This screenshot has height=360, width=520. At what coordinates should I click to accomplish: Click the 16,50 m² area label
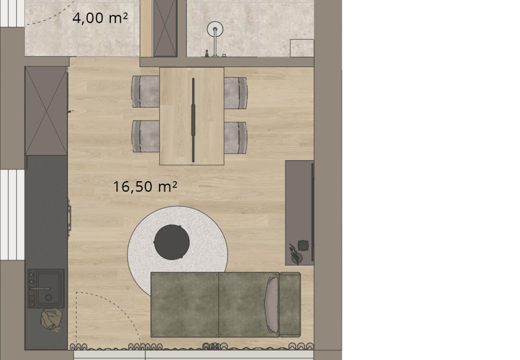[145, 187]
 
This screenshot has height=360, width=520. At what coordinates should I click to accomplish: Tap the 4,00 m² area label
[100, 18]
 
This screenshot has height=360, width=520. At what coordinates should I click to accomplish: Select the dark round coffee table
[172, 242]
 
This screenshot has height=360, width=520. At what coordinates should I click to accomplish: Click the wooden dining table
[192, 116]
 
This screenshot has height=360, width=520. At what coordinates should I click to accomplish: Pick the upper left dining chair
[146, 92]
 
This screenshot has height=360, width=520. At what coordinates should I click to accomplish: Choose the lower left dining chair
[146, 136]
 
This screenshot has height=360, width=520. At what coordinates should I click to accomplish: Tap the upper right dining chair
[236, 93]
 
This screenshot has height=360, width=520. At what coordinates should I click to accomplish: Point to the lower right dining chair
[236, 138]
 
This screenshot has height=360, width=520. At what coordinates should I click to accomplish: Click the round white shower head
[215, 29]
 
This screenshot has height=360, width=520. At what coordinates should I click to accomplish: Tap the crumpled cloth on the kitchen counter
[51, 320]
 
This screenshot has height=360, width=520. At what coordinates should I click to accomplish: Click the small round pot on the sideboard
[303, 245]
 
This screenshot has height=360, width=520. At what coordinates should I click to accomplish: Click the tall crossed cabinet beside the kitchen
[46, 111]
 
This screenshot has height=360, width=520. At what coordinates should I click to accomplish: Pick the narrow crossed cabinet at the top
[165, 28]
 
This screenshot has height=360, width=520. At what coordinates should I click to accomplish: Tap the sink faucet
[40, 289]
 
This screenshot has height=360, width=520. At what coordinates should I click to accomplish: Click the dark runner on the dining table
[193, 120]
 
